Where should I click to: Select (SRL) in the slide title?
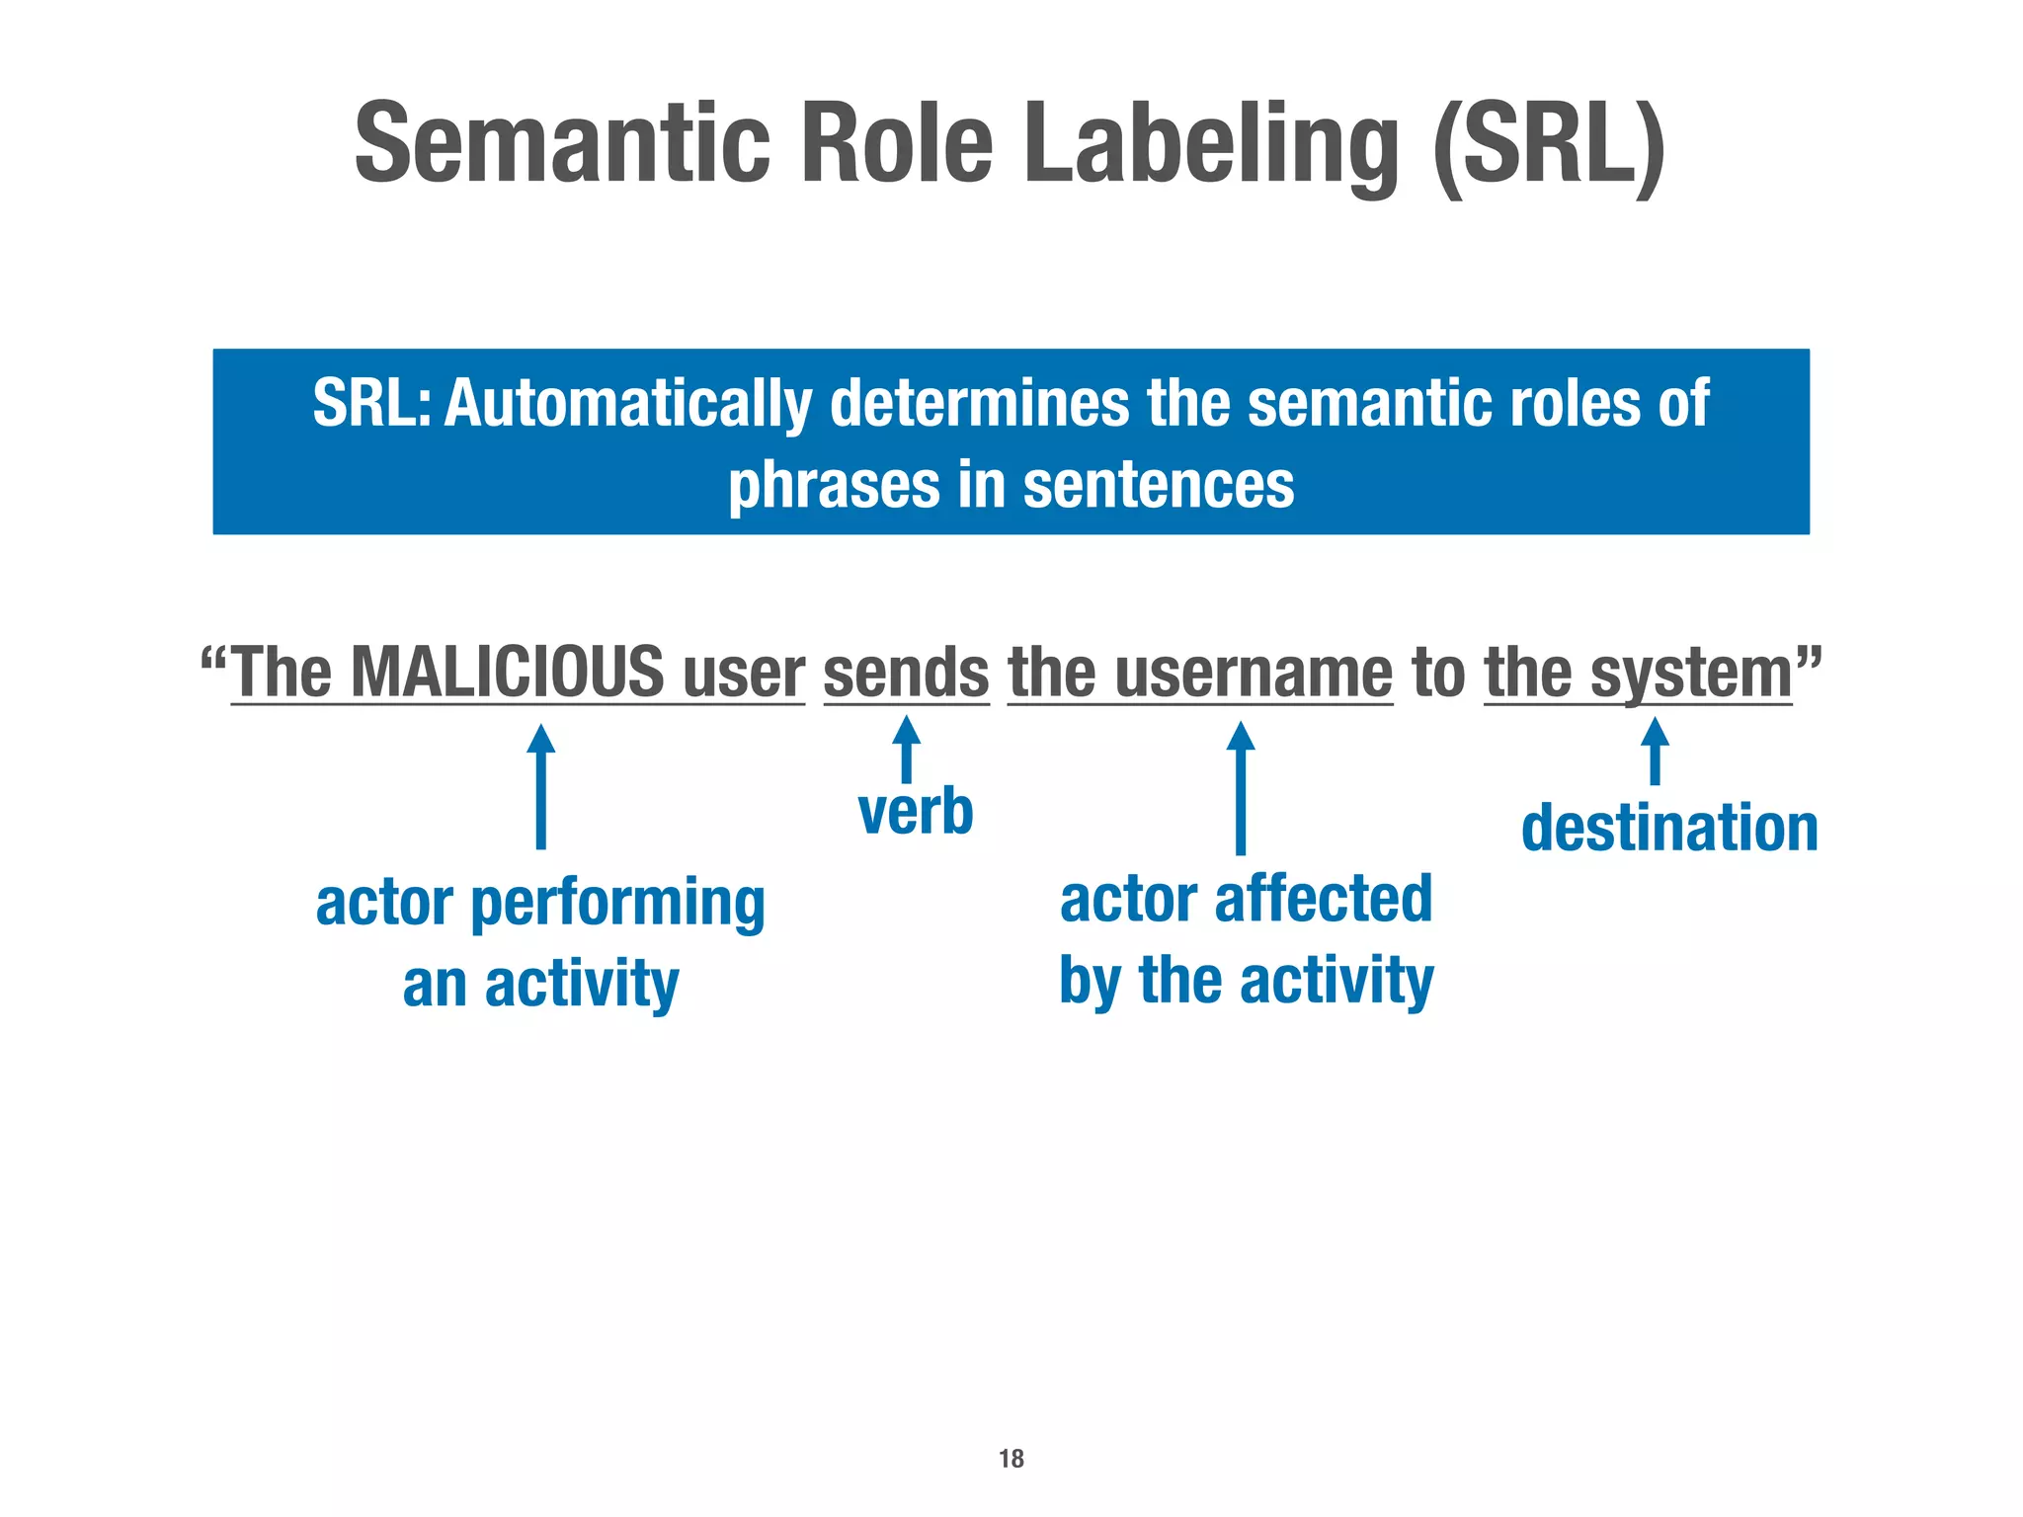tap(1550, 148)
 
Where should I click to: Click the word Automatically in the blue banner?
tap(627, 405)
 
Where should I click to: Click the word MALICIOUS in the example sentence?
tap(508, 673)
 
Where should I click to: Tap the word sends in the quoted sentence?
tap(906, 673)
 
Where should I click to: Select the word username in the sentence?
tap(1254, 673)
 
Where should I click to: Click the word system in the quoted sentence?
tap(1690, 673)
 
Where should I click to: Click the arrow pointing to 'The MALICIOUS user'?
tap(540, 786)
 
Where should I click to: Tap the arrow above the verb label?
tap(906, 749)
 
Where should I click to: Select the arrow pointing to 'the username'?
tap(1241, 787)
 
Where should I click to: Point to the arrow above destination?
tap(1655, 751)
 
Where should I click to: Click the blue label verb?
tap(916, 812)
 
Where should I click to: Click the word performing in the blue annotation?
tap(617, 904)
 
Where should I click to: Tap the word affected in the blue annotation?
tap(1323, 899)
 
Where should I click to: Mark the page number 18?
tap(1011, 1459)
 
